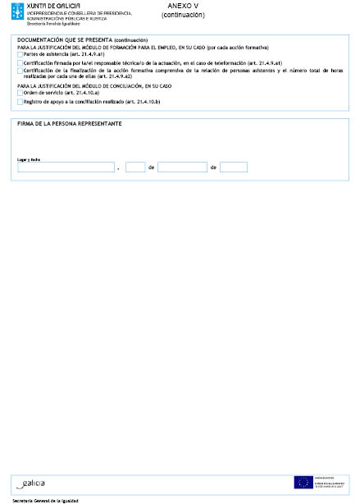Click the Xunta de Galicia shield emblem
point(18,11)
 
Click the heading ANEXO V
point(184,6)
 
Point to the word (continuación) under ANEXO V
point(184,15)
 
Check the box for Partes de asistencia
point(21,54)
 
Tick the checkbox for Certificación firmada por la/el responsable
point(21,62)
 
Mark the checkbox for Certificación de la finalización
point(21,71)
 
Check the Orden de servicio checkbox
point(21,93)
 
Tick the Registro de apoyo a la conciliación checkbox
point(21,102)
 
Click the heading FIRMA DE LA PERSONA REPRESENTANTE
point(70,123)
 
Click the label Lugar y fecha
point(29,159)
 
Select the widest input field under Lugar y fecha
point(66,167)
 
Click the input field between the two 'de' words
point(182,167)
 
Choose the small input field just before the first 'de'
point(135,167)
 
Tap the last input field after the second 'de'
point(234,167)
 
